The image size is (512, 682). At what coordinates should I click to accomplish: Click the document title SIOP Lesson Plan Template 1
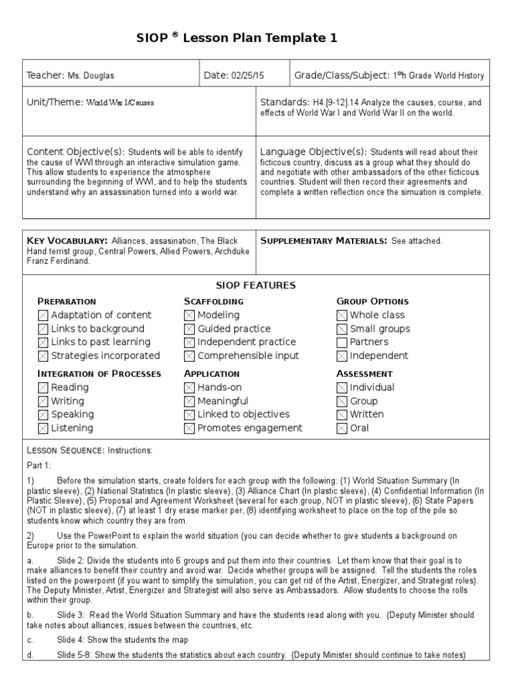pos(255,39)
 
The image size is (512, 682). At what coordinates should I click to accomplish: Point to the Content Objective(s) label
pos(75,151)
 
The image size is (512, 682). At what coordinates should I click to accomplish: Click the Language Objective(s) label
pos(313,151)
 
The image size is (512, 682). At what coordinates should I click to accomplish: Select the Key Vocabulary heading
pos(67,240)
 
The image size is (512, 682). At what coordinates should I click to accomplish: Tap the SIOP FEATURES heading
pos(256,285)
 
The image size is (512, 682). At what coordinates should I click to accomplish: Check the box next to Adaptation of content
pos(43,315)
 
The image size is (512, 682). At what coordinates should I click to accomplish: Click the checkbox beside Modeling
pos(189,315)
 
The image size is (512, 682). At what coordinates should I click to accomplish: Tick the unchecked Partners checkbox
pos(342,342)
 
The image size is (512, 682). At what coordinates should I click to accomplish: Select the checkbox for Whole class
pos(342,315)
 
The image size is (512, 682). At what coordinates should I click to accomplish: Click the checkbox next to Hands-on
pos(189,388)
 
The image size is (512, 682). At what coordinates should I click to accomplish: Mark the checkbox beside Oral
pos(342,428)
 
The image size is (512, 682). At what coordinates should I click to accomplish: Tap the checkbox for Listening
pos(43,428)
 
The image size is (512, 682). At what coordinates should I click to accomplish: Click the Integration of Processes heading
pos(99,374)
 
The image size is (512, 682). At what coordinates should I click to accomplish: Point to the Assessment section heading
pos(364,374)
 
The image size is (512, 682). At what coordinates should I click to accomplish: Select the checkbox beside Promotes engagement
pos(189,428)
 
